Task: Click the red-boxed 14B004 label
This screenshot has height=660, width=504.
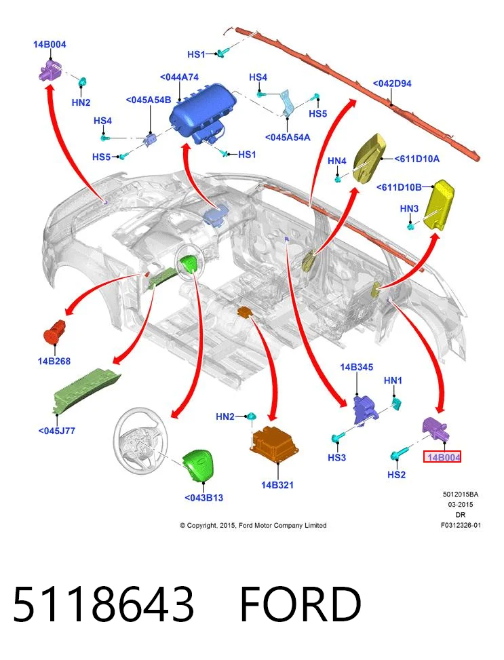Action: click(442, 457)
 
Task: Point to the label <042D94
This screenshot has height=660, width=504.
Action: click(392, 83)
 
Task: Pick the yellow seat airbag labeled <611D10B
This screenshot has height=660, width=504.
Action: click(439, 205)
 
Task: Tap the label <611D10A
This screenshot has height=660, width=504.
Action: click(417, 159)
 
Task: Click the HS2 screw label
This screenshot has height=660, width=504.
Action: click(396, 475)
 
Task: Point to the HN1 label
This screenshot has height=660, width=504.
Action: click(393, 381)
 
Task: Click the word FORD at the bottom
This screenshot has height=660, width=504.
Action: click(301, 604)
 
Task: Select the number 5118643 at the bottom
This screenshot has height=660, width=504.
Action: click(104, 604)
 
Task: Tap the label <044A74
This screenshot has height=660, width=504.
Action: click(179, 77)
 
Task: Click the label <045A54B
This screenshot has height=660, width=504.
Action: click(149, 100)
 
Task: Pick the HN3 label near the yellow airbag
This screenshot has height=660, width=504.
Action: click(409, 208)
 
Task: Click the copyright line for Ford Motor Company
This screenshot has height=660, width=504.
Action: click(253, 525)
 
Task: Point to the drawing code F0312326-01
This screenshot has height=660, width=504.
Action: click(461, 525)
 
